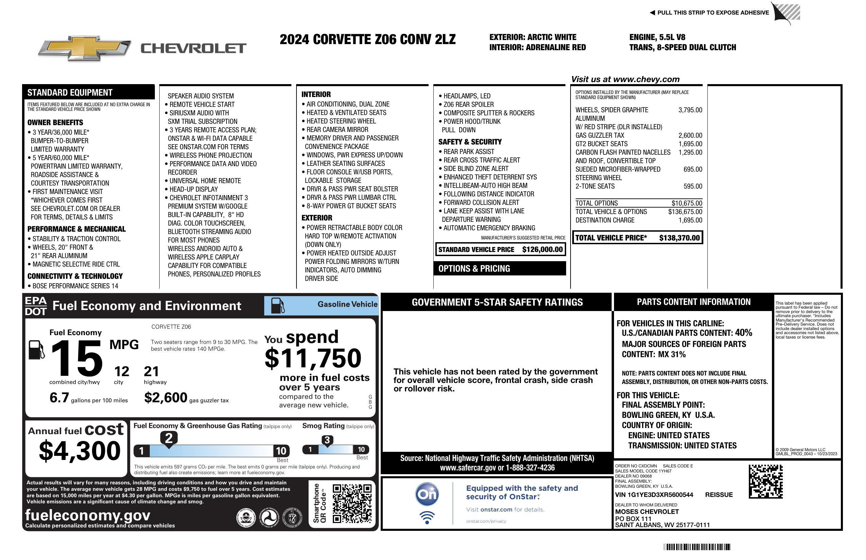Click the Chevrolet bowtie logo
click(85, 48)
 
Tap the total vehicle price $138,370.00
click(679, 238)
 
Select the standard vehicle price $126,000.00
click(542, 250)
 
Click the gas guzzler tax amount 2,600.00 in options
click(690, 136)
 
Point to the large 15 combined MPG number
click(77, 359)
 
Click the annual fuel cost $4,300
click(80, 451)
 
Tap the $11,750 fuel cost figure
click(313, 358)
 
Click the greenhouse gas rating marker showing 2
click(169, 438)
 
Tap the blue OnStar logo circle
click(427, 494)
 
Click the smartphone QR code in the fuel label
click(352, 503)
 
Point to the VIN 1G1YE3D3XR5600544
click(654, 495)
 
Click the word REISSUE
click(719, 495)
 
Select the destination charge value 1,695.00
click(690, 220)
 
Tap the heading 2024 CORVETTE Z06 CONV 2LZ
click(367, 40)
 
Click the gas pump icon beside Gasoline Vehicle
click(278, 306)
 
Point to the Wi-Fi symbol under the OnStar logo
click(427, 517)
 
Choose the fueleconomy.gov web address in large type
click(88, 515)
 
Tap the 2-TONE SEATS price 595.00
click(692, 187)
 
